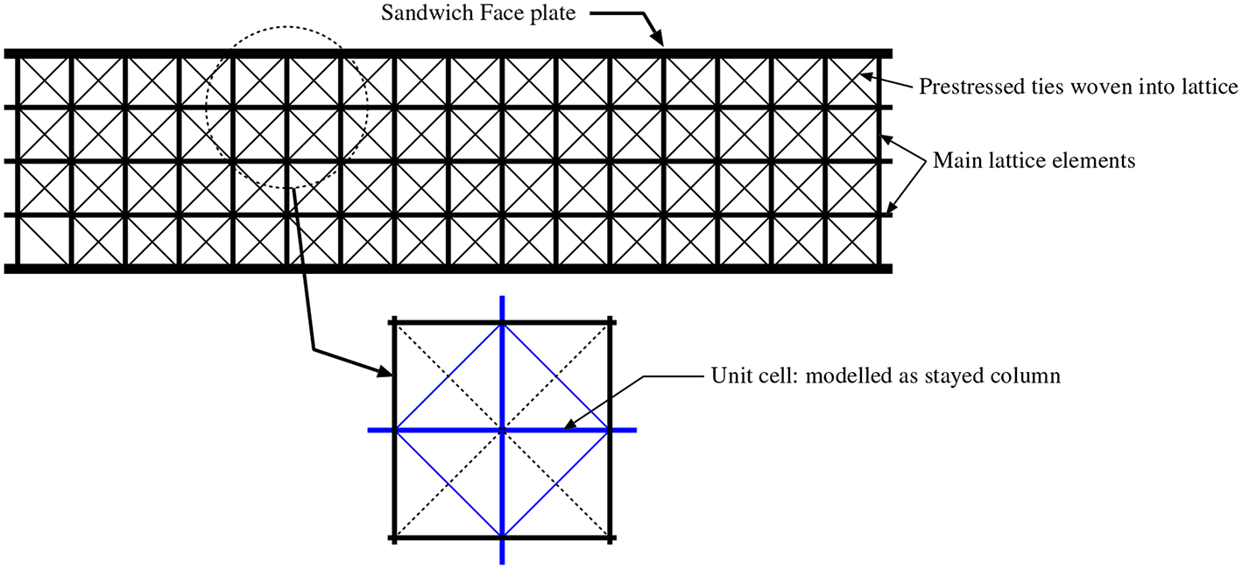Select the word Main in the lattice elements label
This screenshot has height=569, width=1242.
pos(951,161)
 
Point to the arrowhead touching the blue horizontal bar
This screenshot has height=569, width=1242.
pos(567,428)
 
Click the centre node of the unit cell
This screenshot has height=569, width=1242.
pos(502,430)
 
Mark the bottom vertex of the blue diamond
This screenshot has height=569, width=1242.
pos(502,537)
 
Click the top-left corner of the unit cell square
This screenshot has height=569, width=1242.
pos(395,323)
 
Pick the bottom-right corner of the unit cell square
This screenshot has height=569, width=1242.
pos(610,537)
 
